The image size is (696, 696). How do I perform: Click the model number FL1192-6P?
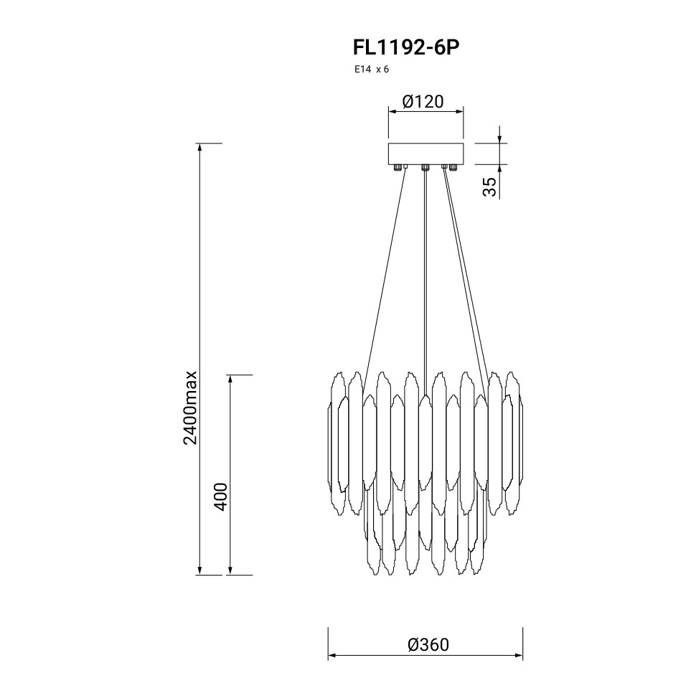pos(405,47)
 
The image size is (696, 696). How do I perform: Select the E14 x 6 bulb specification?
pos(371,70)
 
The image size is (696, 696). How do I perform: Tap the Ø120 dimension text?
pos(423,102)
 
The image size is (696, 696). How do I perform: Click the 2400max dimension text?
pos(190,408)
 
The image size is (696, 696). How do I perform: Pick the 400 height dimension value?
pos(221,497)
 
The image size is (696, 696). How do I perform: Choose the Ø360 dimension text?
pos(428,644)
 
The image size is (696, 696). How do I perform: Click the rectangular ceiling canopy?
pos(425,154)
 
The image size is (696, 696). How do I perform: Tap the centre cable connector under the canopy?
pos(425,167)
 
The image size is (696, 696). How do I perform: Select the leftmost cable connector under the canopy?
pos(398,167)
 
